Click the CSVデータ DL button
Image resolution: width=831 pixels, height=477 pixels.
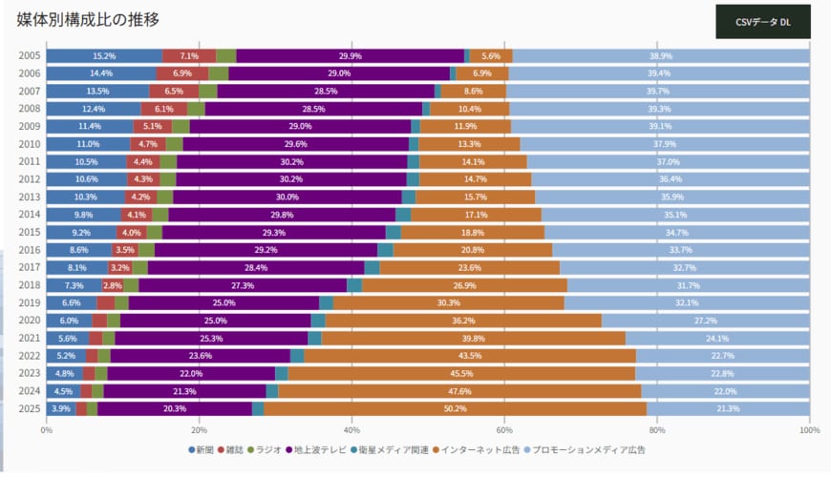(x=762, y=21)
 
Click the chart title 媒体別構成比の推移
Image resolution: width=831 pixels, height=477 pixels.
(x=88, y=19)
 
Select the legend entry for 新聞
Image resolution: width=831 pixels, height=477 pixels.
(x=202, y=449)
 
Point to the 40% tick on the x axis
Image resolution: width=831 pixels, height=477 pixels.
(x=352, y=430)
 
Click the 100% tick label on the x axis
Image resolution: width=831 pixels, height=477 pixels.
(x=809, y=430)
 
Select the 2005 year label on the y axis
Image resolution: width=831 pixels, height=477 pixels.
(x=29, y=55)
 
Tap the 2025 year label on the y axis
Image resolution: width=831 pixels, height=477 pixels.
(x=29, y=408)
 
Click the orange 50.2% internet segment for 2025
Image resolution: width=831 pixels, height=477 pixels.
(x=455, y=408)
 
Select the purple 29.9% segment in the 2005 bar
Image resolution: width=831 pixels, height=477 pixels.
(x=350, y=55)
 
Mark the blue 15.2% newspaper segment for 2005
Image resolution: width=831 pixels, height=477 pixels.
(x=103, y=55)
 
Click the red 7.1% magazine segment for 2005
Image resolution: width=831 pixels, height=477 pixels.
(x=188, y=55)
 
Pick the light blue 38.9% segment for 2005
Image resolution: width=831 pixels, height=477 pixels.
(x=661, y=55)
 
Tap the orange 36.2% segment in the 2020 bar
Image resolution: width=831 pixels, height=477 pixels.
(x=463, y=321)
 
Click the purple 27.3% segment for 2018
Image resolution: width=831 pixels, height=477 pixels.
(x=243, y=285)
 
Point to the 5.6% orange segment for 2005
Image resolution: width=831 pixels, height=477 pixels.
(x=491, y=55)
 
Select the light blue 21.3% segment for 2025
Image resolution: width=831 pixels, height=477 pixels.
(x=728, y=408)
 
